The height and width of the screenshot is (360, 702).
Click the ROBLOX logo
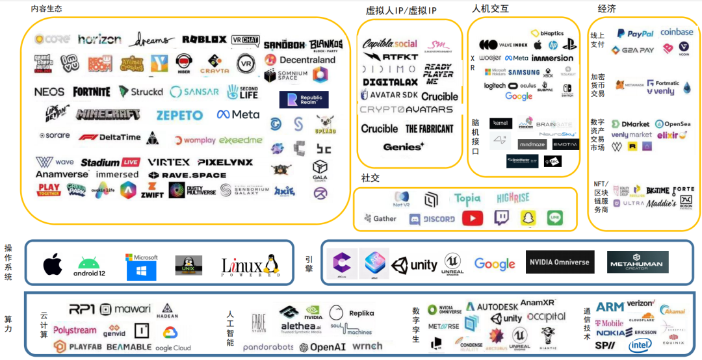[204, 40]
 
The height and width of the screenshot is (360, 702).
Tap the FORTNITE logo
[92, 92]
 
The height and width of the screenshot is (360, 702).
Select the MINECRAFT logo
[108, 114]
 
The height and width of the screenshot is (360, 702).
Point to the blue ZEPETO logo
[179, 115]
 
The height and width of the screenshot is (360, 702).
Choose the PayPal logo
[635, 33]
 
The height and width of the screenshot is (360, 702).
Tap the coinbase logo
[677, 32]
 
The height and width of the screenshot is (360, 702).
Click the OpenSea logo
[673, 123]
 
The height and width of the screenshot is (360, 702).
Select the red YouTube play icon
[473, 218]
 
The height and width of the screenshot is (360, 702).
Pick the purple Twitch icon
[501, 218]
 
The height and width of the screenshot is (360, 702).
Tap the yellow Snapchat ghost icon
[528, 218]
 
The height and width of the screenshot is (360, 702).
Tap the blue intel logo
[640, 344]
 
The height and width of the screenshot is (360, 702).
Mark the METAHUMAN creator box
[637, 263]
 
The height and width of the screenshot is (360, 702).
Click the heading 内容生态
[47, 8]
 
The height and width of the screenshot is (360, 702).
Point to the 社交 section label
[370, 178]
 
